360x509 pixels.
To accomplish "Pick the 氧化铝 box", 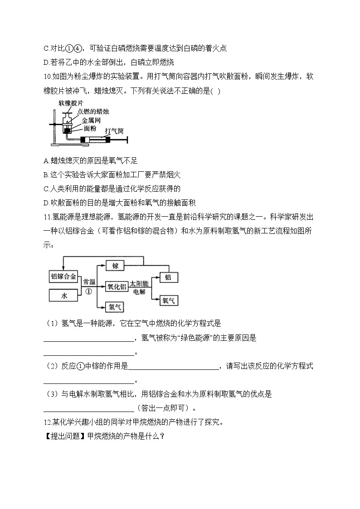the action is click(117, 286).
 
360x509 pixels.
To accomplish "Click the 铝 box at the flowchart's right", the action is click(167, 277).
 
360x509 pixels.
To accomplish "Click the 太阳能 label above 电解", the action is click(139, 283).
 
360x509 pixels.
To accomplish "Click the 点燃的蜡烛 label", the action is click(93, 112).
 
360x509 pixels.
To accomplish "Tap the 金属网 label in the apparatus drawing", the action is click(91, 120).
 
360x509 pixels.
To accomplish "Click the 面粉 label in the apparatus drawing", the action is click(88, 128).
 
